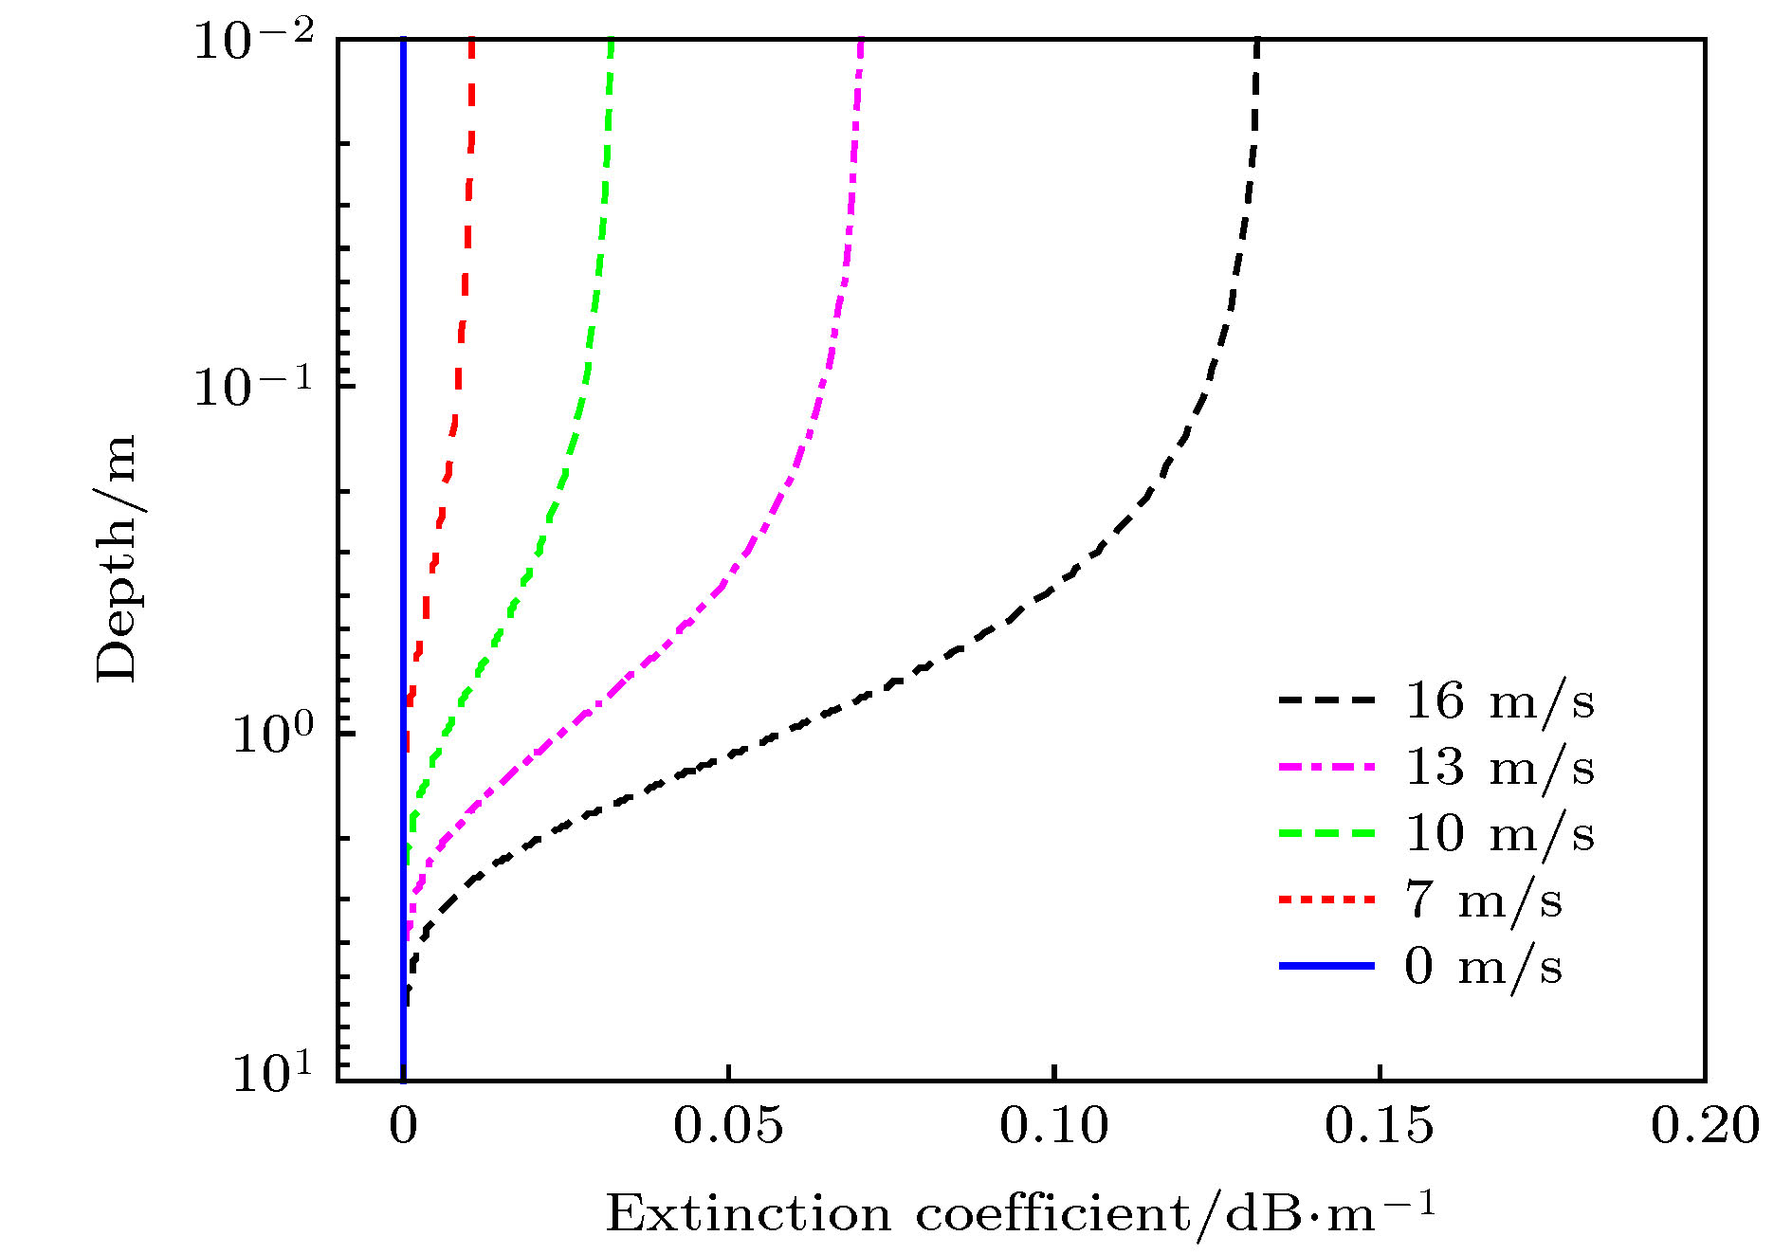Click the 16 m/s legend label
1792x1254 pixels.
click(x=1499, y=702)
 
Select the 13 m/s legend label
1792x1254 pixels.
click(x=1499, y=768)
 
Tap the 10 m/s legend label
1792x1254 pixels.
click(x=1499, y=834)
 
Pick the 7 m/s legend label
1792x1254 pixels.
click(x=1483, y=900)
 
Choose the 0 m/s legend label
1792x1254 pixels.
click(x=1483, y=967)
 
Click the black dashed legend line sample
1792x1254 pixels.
click(x=1326, y=701)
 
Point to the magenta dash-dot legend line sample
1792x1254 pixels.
click(x=1326, y=768)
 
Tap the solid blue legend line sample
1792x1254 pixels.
click(x=1326, y=966)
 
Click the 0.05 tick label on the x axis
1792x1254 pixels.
click(x=728, y=1127)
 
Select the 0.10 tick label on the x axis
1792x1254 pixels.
click(x=1053, y=1127)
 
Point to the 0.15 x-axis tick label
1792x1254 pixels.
click(x=1379, y=1127)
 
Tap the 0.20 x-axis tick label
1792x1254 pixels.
click(x=1704, y=1127)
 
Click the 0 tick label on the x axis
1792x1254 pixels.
click(x=403, y=1127)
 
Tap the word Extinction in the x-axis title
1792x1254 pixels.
click(x=748, y=1214)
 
